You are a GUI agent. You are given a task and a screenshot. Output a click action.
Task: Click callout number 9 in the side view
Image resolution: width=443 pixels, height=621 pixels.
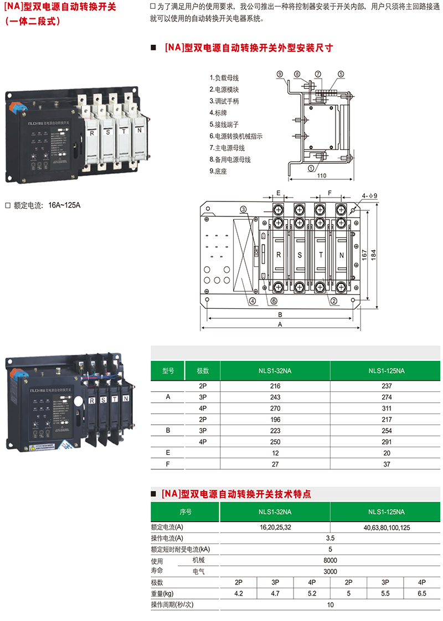tap(280, 74)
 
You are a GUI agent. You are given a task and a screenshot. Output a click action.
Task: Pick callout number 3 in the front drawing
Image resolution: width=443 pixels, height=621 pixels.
tap(243, 209)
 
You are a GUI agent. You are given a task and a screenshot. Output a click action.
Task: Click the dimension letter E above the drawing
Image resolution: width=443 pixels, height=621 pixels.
tap(279, 193)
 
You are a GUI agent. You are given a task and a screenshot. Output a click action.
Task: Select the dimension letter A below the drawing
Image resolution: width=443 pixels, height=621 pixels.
tap(281, 325)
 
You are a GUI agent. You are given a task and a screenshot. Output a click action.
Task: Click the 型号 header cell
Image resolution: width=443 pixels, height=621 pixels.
tap(168, 371)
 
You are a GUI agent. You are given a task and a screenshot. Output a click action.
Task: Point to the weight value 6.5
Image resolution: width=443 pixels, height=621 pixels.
tap(422, 593)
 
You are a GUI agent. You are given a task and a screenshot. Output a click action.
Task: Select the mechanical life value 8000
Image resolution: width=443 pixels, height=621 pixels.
tap(330, 560)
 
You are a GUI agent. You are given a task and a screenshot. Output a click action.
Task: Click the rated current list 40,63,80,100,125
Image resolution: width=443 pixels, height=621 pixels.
tap(387, 527)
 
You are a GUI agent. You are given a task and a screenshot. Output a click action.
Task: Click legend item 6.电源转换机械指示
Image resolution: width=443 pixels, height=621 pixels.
tap(236, 136)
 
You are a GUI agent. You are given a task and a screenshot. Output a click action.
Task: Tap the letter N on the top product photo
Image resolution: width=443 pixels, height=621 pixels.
tap(139, 131)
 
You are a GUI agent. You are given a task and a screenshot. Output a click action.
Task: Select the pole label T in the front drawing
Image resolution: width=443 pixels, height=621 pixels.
tap(321, 256)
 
